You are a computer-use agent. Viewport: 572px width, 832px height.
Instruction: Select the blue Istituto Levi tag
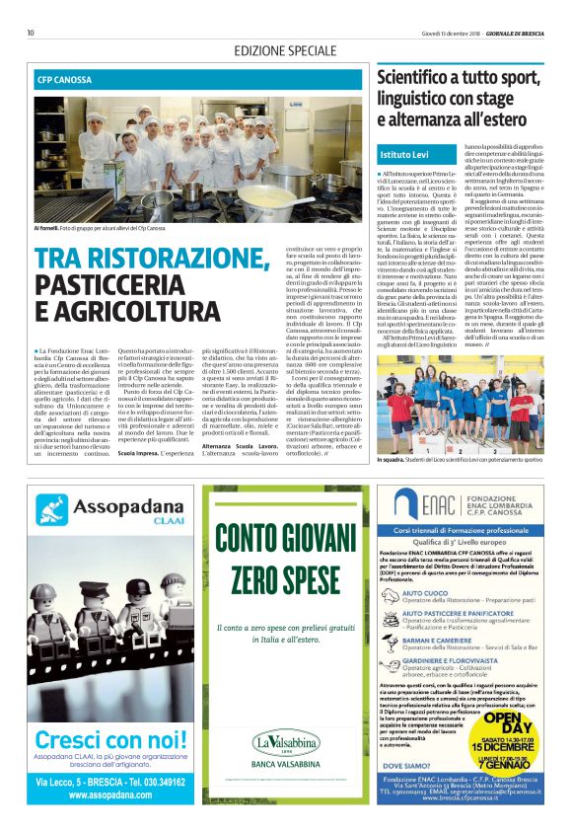[405, 155]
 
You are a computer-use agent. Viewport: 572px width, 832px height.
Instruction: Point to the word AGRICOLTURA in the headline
[132, 313]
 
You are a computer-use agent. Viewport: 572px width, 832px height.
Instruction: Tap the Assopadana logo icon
[53, 510]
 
